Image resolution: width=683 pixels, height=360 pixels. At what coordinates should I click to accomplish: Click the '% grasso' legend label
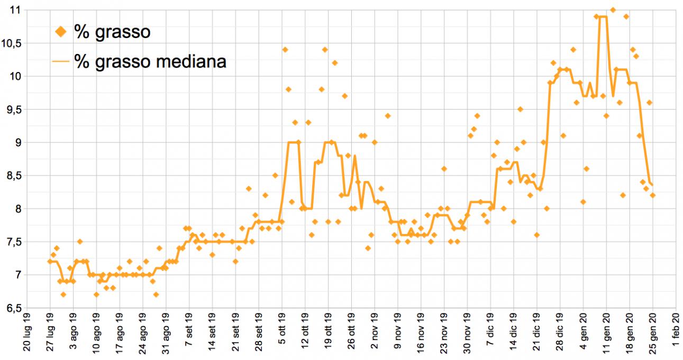[x=112, y=32]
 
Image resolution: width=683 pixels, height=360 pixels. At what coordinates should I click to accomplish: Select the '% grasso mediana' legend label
[x=150, y=61]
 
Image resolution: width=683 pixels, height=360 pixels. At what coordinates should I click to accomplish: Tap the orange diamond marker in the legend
[x=61, y=32]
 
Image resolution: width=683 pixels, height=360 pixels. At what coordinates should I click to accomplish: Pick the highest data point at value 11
[x=613, y=10]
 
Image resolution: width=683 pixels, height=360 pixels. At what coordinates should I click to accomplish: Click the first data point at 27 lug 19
[x=50, y=262]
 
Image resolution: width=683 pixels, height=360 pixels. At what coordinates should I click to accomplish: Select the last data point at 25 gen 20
[x=653, y=195]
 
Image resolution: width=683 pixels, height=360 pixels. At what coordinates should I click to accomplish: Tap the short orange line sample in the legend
[x=61, y=61]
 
